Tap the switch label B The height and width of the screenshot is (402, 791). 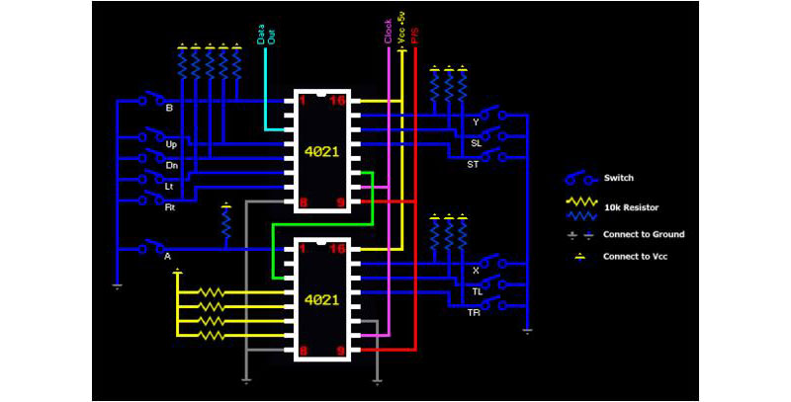point(169,108)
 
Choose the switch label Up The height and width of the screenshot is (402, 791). point(171,143)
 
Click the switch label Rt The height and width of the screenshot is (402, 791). point(170,207)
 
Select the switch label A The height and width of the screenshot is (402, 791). point(167,256)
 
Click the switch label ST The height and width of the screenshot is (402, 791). point(473,165)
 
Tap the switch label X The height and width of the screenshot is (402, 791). point(476,270)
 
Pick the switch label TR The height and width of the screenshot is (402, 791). point(473,313)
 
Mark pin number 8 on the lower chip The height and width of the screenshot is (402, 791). point(303,350)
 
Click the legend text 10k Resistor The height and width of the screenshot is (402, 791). point(631,207)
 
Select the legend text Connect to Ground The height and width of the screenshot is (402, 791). point(644,234)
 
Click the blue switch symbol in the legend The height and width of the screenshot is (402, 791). point(579,179)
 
